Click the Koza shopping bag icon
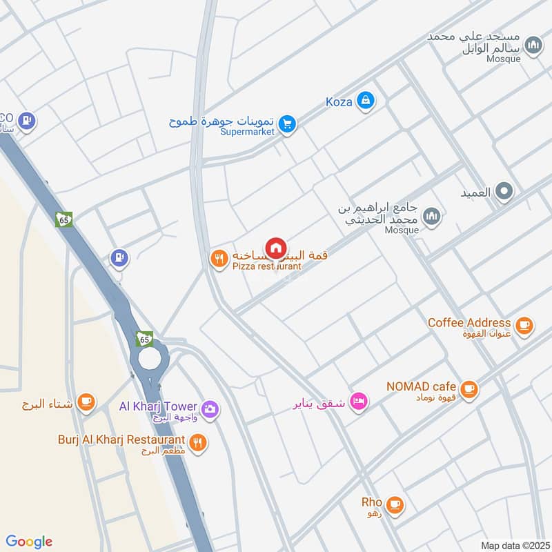pyautogui.click(x=365, y=101)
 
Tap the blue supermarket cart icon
pyautogui.click(x=288, y=126)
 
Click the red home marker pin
pyautogui.click(x=275, y=248)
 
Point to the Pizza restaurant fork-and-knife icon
pyautogui.click(x=218, y=259)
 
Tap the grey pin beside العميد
pyautogui.click(x=505, y=192)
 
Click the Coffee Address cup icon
pyautogui.click(x=524, y=325)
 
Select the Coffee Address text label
pyautogui.click(x=469, y=322)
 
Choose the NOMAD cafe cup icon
pyautogui.click(x=469, y=389)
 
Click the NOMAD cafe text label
pyautogui.click(x=421, y=386)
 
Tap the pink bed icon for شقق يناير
pyautogui.click(x=358, y=402)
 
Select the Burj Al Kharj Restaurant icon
pyautogui.click(x=198, y=443)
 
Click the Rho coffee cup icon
pyautogui.click(x=395, y=505)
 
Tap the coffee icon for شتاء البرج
pyautogui.click(x=86, y=402)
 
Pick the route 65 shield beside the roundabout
pyautogui.click(x=144, y=339)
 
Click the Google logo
pyautogui.click(x=29, y=542)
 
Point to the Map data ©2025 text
pyautogui.click(x=513, y=545)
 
